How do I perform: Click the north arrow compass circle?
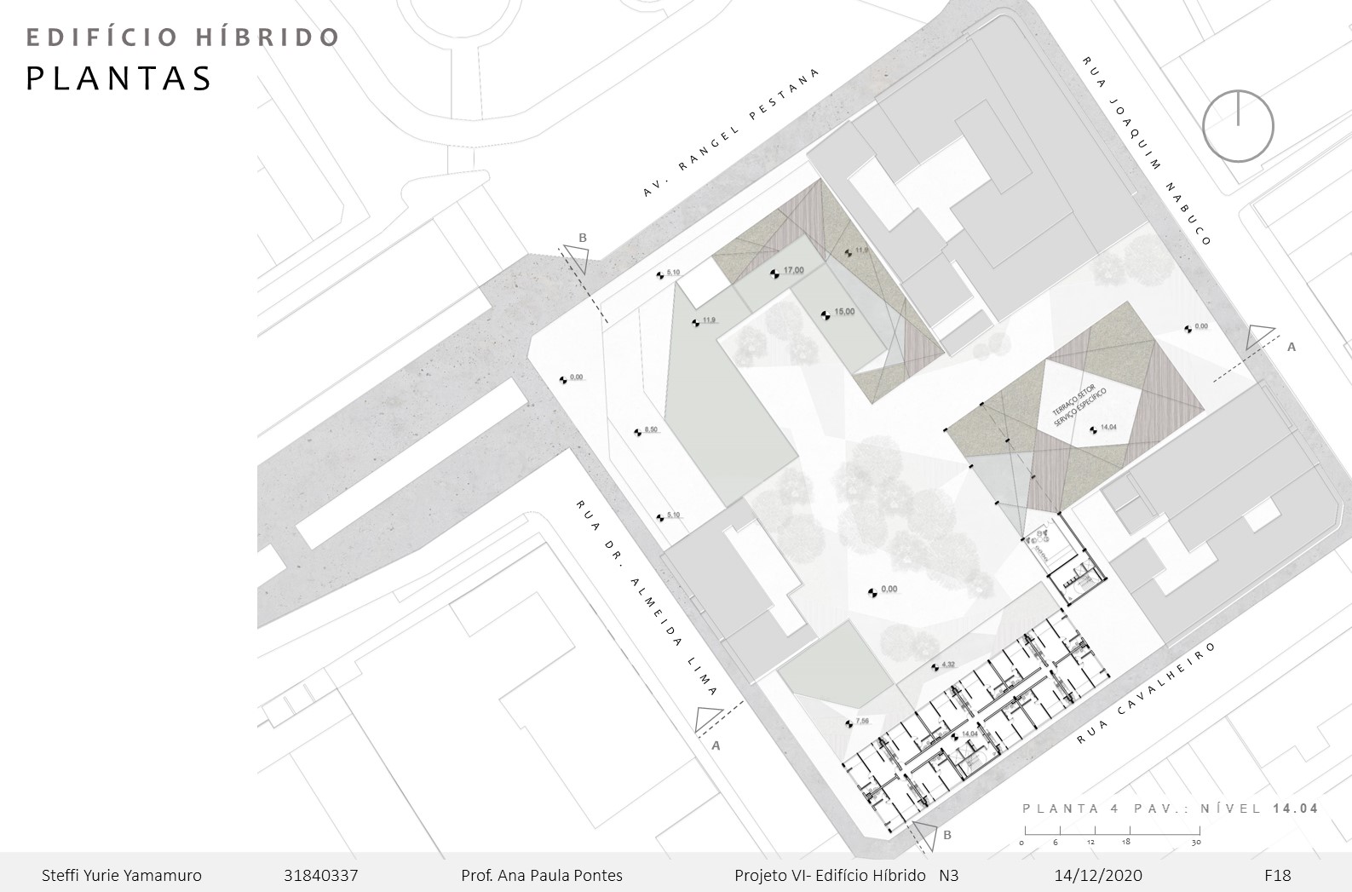tap(1238, 126)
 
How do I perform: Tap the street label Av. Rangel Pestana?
tap(730, 135)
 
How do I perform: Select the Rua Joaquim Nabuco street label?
tap(1147, 151)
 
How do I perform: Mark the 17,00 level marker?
tap(792, 271)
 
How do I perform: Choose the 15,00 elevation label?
tap(843, 313)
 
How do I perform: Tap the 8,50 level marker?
tap(650, 431)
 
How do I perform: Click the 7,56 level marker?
tap(861, 722)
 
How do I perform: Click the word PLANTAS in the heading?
tap(119, 78)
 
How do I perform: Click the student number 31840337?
tap(320, 875)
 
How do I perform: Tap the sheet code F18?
tap(1277, 875)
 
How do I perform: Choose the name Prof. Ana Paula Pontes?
tap(541, 875)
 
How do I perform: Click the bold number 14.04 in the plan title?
tap(1295, 809)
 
